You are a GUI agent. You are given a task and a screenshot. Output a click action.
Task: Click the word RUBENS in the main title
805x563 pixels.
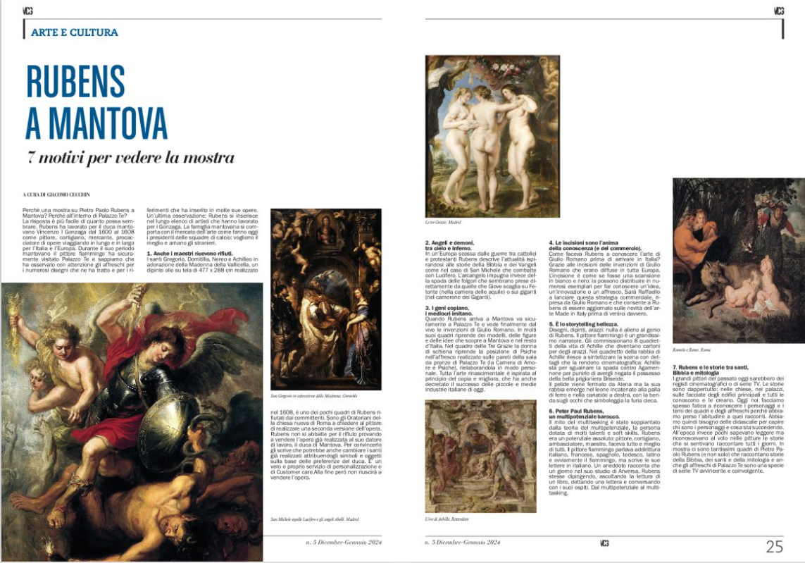tap(75, 82)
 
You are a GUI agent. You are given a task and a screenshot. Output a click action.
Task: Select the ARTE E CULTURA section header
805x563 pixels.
tap(75, 32)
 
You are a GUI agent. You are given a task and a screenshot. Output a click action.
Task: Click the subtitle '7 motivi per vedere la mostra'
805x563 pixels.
tap(130, 157)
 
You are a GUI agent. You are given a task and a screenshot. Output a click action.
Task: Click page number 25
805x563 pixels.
tap(775, 546)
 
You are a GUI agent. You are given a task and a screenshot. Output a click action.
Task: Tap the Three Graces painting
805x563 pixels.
tap(492, 136)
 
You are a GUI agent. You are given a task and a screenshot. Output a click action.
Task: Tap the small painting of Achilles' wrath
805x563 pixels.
tap(470, 456)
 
